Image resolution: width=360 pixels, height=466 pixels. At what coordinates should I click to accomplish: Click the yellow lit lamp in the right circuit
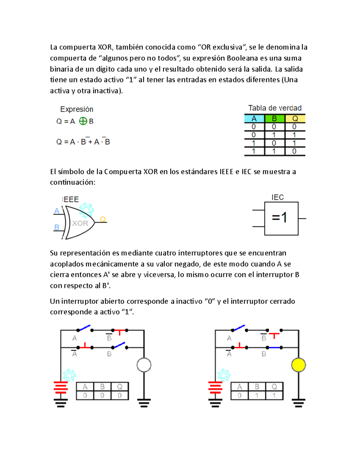tap(298, 365)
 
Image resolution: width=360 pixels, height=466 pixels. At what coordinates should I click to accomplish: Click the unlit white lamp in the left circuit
tap(144, 365)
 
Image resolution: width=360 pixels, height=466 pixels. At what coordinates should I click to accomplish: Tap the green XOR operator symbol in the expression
tap(83, 121)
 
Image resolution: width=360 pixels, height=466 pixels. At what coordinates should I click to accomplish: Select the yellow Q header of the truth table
tap(295, 119)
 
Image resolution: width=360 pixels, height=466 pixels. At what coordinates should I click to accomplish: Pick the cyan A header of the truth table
tap(254, 119)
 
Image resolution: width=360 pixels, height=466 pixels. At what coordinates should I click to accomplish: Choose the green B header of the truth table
tap(274, 119)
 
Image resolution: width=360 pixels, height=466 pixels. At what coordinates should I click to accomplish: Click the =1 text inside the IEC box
tap(279, 217)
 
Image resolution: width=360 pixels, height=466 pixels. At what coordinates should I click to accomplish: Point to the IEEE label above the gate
tap(70, 199)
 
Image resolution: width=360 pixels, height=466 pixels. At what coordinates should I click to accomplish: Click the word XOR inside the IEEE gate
tap(80, 223)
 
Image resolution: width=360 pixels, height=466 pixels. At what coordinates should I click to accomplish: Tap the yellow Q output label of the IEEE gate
tap(103, 219)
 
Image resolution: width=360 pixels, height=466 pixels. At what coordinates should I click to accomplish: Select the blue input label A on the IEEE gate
tap(57, 211)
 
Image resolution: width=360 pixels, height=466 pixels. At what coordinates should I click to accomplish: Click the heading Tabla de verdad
tap(275, 108)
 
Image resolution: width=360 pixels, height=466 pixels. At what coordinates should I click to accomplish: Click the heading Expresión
tap(77, 109)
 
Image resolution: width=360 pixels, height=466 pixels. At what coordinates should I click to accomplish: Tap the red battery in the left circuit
tap(61, 387)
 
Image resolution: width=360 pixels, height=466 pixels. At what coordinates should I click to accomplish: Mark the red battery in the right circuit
tap(215, 387)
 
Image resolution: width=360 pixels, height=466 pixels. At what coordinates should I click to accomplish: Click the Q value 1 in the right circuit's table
tap(274, 395)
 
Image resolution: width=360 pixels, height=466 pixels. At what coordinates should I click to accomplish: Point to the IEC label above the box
tap(277, 197)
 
